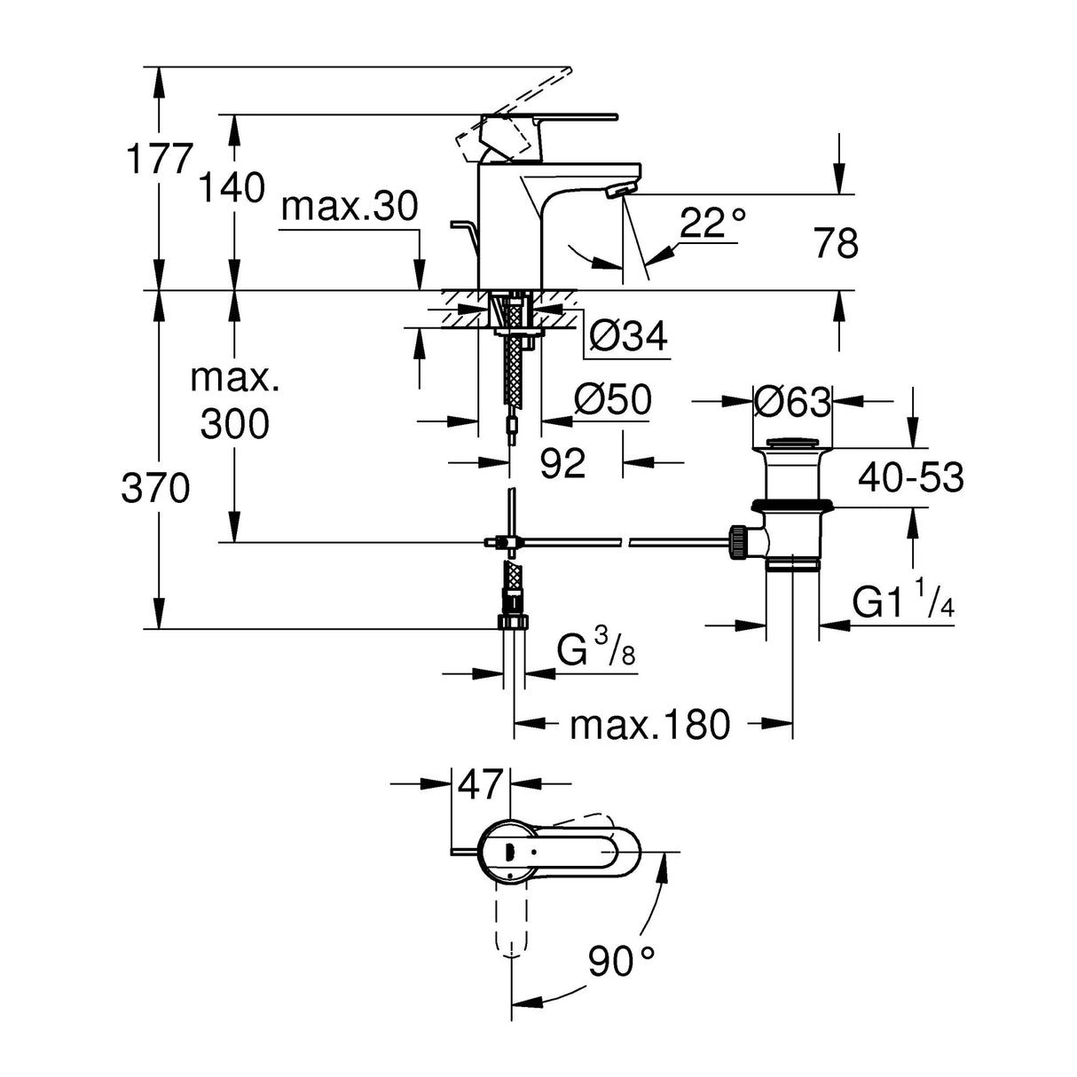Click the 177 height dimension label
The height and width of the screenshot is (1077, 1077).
(159, 161)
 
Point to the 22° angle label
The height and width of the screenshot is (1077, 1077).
(712, 223)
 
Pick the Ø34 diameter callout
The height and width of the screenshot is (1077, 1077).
(628, 336)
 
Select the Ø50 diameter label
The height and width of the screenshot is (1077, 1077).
(612, 400)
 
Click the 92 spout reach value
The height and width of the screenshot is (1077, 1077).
(563, 463)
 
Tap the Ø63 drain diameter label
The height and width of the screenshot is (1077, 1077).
(791, 402)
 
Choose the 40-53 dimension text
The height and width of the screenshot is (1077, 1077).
(910, 478)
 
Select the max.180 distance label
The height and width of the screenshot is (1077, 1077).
(649, 725)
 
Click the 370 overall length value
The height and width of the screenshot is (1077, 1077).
(155, 488)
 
